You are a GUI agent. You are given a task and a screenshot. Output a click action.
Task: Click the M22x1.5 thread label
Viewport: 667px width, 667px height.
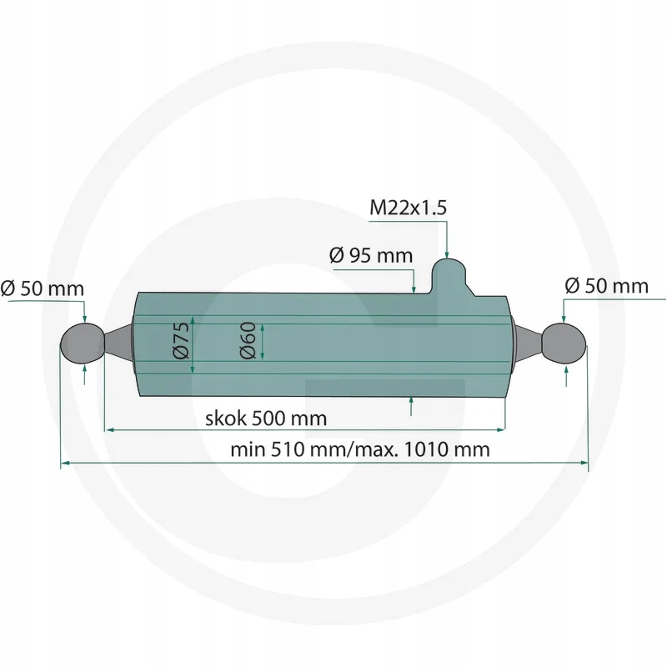408,208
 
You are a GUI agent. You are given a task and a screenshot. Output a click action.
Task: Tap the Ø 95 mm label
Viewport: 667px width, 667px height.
371,256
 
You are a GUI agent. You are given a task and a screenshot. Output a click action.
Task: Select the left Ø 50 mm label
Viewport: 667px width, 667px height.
43,288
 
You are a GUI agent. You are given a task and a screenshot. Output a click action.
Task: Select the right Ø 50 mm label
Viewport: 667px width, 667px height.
607,286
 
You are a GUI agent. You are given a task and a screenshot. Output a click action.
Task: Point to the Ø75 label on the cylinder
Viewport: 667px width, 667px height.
182,340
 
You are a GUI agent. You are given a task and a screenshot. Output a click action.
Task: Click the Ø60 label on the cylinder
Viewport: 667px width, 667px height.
248,340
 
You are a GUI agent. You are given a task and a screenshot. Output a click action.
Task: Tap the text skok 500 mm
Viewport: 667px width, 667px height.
266,419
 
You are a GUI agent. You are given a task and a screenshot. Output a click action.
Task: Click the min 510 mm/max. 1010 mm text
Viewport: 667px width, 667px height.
360,449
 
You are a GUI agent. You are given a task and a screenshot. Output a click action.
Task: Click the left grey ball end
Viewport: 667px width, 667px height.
83,344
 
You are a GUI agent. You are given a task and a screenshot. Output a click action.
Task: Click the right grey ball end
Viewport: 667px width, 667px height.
564,344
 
